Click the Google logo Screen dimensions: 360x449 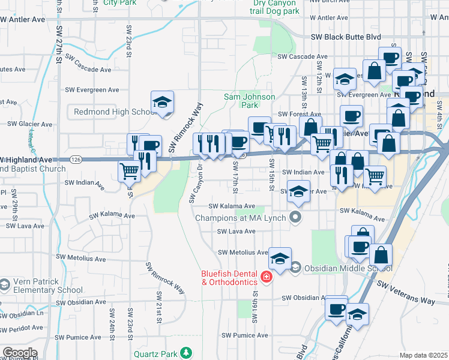coord(20,352)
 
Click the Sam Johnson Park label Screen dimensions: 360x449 coord(249,100)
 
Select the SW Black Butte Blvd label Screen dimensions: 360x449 coord(346,37)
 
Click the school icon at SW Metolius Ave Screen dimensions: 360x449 coord(280,258)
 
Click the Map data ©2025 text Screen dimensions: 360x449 coord(423,355)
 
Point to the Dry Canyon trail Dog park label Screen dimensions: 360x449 coord(274,7)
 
